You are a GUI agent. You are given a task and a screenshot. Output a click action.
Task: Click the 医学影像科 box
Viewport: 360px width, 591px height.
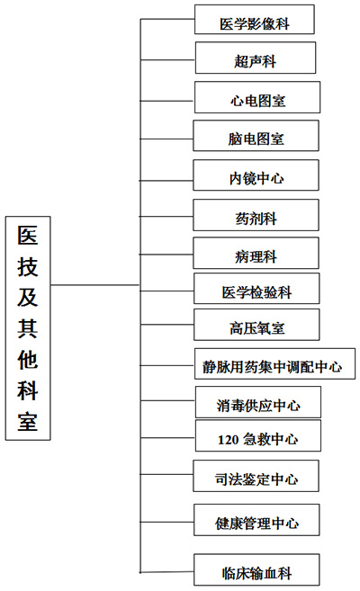click(x=255, y=20)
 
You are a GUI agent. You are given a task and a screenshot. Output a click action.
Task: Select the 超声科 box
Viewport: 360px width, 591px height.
click(x=256, y=58)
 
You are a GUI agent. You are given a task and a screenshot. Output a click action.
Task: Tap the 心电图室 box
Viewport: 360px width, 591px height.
click(x=257, y=97)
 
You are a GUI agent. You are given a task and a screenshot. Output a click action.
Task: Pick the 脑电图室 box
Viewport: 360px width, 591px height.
click(x=256, y=136)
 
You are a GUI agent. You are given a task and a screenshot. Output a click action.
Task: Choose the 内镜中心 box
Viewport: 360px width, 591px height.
click(x=256, y=175)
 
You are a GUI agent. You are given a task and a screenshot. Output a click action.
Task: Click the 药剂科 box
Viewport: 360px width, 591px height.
click(x=256, y=215)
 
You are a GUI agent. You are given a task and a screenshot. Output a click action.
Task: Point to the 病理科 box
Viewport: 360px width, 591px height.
click(x=256, y=253)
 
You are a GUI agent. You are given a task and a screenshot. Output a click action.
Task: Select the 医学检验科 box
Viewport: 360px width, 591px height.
click(x=256, y=289)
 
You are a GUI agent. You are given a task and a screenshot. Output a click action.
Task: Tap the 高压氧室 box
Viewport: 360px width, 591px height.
click(x=256, y=325)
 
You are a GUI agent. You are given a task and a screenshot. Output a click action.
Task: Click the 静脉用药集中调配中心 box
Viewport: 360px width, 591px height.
click(x=274, y=363)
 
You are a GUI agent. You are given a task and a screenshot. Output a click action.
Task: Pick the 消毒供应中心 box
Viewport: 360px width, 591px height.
click(x=258, y=402)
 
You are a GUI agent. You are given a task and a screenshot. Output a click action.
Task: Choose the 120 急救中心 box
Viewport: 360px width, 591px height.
click(x=258, y=435)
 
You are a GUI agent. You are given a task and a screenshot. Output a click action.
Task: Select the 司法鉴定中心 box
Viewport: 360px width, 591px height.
click(x=256, y=476)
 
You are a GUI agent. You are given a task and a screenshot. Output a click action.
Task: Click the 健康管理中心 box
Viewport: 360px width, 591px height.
click(x=256, y=520)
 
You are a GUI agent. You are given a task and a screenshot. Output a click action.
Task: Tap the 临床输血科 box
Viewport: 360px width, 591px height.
click(x=256, y=569)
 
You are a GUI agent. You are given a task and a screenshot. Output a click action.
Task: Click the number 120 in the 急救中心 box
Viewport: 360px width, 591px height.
click(x=228, y=440)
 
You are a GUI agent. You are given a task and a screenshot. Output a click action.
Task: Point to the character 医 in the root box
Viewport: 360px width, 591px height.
click(x=28, y=235)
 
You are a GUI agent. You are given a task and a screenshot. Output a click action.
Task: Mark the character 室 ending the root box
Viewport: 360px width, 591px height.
click(x=28, y=421)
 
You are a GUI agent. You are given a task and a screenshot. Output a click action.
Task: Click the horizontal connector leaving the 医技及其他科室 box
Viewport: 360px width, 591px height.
click(x=95, y=285)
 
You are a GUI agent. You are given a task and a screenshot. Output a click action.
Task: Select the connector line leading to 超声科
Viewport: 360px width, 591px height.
click(x=167, y=59)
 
